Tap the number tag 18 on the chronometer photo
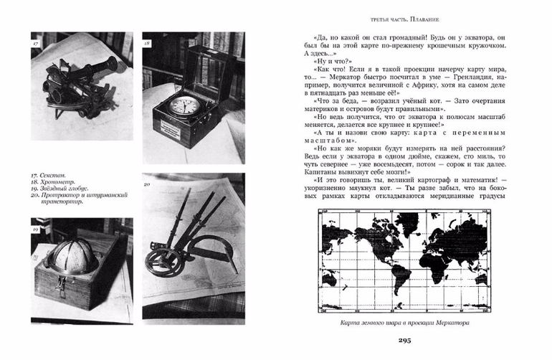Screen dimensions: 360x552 (148, 44)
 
